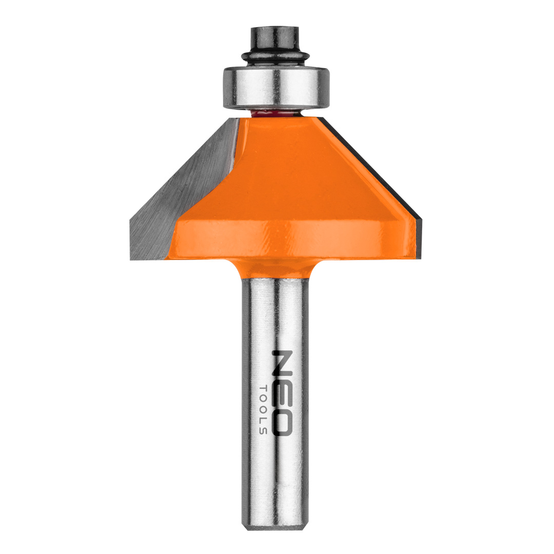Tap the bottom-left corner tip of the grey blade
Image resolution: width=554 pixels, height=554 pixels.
(131, 260)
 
